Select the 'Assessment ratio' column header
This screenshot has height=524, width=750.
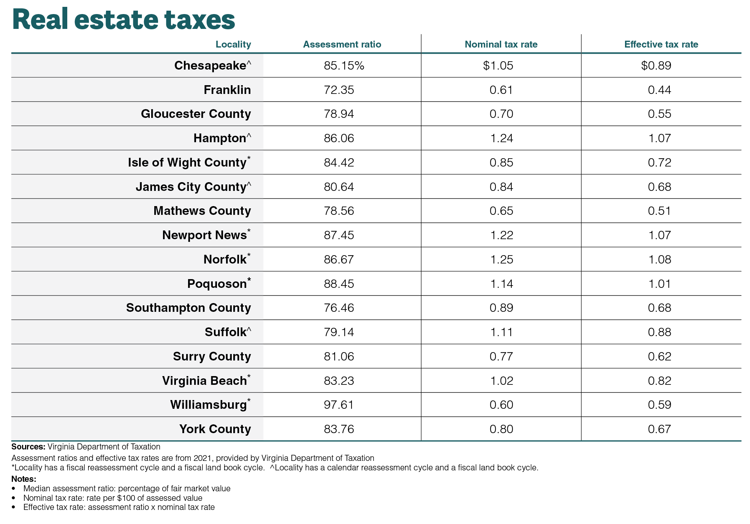342,44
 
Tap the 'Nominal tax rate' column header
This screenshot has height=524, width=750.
501,44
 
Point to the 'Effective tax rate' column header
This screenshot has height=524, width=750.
661,44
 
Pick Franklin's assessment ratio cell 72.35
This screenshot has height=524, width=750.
339,90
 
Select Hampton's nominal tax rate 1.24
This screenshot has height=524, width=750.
502,138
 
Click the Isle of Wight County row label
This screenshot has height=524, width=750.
189,162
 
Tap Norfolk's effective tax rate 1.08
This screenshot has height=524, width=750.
660,259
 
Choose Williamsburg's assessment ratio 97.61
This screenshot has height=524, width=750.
339,405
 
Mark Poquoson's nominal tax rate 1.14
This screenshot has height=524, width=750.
502,284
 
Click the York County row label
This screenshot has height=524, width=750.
215,429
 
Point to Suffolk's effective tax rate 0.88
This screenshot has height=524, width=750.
660,332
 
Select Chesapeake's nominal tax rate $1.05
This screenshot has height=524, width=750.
498,65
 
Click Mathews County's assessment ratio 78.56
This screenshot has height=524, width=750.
339,211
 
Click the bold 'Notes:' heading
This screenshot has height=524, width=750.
24,479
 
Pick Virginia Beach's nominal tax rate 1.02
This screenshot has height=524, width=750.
502,381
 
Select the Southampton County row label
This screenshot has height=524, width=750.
188,308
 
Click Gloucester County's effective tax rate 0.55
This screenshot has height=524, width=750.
660,114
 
